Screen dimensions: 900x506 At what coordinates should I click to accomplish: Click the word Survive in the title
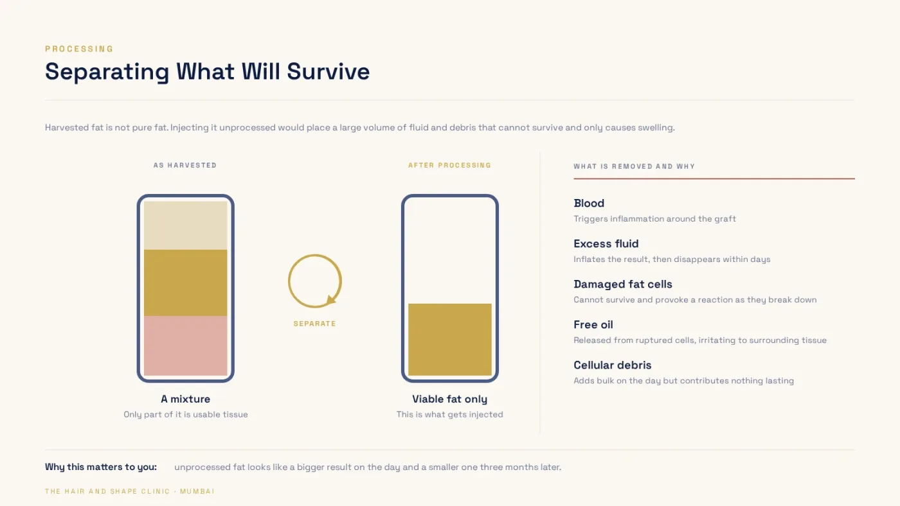328,71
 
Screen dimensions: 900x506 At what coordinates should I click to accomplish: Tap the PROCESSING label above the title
79,49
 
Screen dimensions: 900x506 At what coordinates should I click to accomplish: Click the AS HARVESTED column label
185,165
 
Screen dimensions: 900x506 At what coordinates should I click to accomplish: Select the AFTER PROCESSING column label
449,165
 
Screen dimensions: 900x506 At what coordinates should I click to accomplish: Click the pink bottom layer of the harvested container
186,345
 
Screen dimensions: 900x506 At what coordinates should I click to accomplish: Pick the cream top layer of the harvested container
186,225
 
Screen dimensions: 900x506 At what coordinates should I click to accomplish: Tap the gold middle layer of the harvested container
186,283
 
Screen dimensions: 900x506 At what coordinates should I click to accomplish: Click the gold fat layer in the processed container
450,340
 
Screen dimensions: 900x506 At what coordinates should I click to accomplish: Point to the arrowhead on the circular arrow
331,300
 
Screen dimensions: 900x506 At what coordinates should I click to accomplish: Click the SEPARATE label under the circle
314,324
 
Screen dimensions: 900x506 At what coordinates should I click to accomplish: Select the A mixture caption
186,399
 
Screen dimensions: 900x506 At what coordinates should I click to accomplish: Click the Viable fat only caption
449,399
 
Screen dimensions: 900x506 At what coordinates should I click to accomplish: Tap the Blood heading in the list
589,203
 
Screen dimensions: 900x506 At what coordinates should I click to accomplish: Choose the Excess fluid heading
606,243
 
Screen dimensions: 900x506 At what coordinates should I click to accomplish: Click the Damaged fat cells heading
623,284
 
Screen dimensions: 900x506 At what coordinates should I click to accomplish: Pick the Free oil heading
593,325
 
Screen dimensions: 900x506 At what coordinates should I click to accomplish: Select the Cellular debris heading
612,365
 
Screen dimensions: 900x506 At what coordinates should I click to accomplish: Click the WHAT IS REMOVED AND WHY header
634,166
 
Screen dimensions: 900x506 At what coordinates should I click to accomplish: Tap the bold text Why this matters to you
101,467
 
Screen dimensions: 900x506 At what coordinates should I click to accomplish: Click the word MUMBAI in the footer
197,492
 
